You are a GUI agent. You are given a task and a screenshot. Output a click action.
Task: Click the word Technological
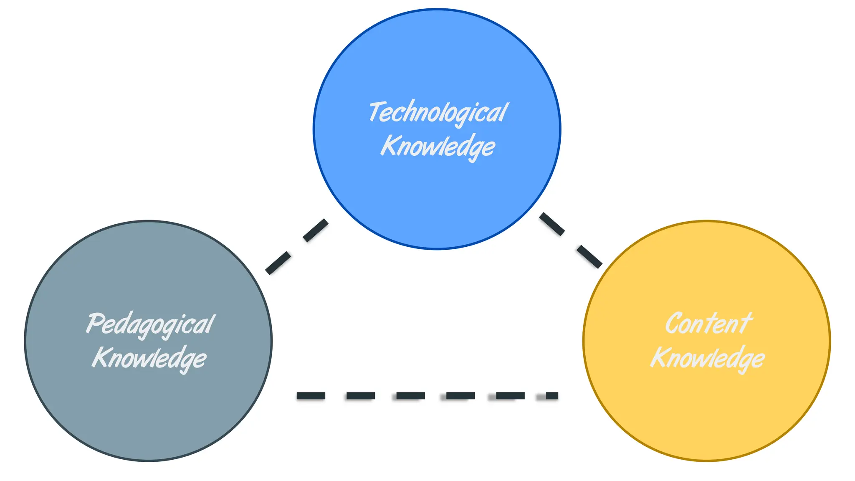pyautogui.click(x=438, y=113)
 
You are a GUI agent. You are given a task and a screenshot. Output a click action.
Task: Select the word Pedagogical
pyautogui.click(x=150, y=324)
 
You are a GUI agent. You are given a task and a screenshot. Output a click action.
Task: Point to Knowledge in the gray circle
pyautogui.click(x=149, y=358)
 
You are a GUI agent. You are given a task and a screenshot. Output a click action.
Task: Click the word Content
pyautogui.click(x=708, y=324)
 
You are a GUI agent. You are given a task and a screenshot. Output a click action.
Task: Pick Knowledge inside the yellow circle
pyautogui.click(x=708, y=358)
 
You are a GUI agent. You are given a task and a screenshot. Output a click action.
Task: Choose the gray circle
pyautogui.click(x=149, y=409)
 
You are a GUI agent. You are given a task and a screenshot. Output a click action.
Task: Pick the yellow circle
pyautogui.click(x=707, y=409)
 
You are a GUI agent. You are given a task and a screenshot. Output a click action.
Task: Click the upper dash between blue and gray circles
pyautogui.click(x=316, y=230)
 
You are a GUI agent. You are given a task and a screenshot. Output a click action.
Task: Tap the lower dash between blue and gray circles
pyautogui.click(x=278, y=263)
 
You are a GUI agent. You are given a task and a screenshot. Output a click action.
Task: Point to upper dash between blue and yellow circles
pyautogui.click(x=552, y=224)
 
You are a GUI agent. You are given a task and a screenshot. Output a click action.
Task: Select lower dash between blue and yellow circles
pyautogui.click(x=589, y=256)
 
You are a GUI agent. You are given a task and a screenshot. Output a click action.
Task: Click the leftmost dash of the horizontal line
pyautogui.click(x=311, y=395)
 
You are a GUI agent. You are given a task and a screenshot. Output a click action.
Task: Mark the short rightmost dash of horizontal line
pyautogui.click(x=552, y=395)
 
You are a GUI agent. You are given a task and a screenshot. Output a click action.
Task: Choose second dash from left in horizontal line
pyautogui.click(x=361, y=395)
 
